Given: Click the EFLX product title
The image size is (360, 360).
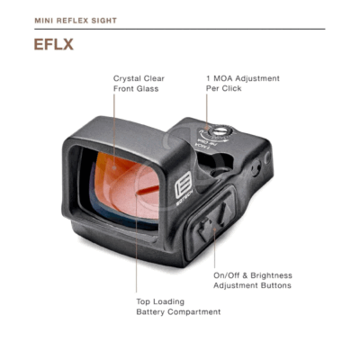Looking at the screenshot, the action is coord(54,44).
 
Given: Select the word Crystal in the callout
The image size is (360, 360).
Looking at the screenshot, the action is coord(126,78).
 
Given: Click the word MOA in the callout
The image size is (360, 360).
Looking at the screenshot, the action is coord(223,78).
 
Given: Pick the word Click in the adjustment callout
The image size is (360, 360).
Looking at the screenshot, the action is coord(231,88).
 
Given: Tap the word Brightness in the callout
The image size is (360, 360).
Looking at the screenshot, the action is coord(272,275).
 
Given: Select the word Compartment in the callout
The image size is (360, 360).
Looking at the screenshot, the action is coord(194,312).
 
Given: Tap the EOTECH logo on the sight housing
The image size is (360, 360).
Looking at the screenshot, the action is coord(184,188).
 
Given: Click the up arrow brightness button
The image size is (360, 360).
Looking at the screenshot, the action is coord(223,212).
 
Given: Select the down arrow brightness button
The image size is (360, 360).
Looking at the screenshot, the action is coord(205,229).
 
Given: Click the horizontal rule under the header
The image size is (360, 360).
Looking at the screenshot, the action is coord(180,29).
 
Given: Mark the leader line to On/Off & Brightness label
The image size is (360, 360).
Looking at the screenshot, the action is coord(214,248).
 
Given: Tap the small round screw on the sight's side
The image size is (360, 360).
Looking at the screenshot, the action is coord(256,166).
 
